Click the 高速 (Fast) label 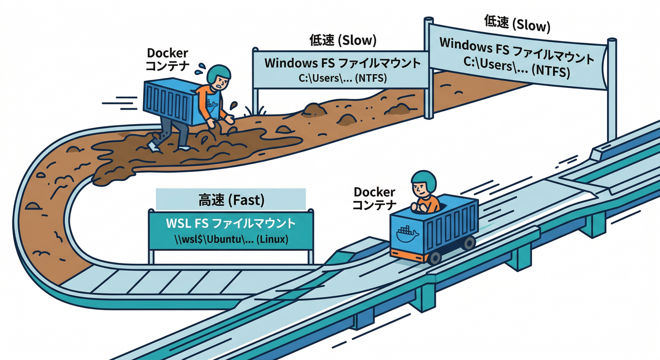(230, 201)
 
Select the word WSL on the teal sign (177, 224)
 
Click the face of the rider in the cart (421, 190)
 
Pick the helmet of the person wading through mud (218, 73)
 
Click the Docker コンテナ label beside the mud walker (168, 60)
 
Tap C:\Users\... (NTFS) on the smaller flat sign (343, 78)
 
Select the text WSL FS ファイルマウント (231, 224)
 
